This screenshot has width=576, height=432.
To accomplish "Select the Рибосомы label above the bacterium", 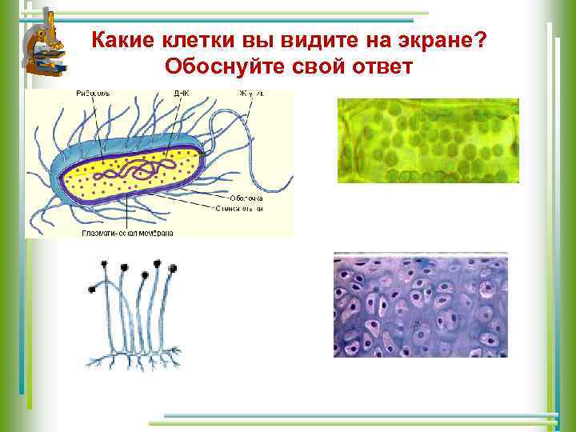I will click(x=94, y=94).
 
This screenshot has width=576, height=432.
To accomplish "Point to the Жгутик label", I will click(x=250, y=94).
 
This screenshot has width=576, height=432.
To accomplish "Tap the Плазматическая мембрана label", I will click(x=127, y=234).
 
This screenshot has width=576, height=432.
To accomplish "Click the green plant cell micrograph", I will click(x=428, y=141).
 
